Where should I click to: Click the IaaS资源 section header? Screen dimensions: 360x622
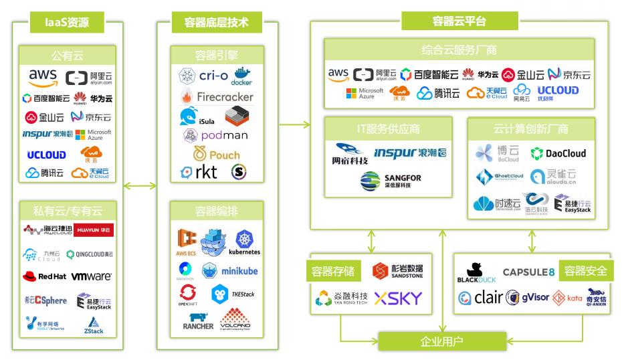tap(68, 22)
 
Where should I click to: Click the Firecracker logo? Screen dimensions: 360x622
tap(216, 96)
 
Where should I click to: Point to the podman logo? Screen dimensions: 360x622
tap(215, 135)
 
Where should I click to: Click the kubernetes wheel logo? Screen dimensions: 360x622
tap(244, 242)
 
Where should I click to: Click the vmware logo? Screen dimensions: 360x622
tap(92, 276)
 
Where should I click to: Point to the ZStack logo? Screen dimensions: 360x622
tap(94, 324)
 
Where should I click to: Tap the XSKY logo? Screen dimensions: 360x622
tap(399, 298)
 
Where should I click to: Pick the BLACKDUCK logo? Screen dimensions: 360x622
tap(476, 272)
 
